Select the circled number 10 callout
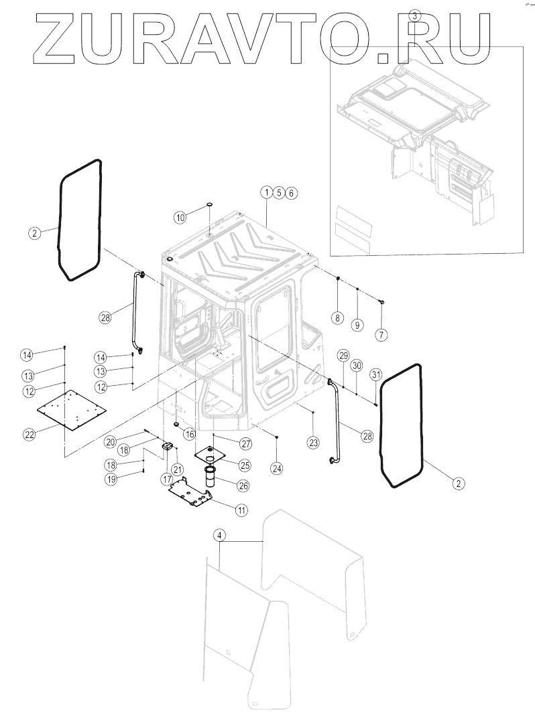tap(180, 217)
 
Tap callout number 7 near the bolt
tap(381, 334)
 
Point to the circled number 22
tap(29, 435)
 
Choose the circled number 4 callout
tap(219, 535)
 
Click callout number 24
tap(276, 468)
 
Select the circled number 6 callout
tap(290, 193)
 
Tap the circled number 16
tap(190, 435)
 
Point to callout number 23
tap(313, 441)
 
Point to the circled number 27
tap(245, 443)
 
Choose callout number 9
tap(357, 325)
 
